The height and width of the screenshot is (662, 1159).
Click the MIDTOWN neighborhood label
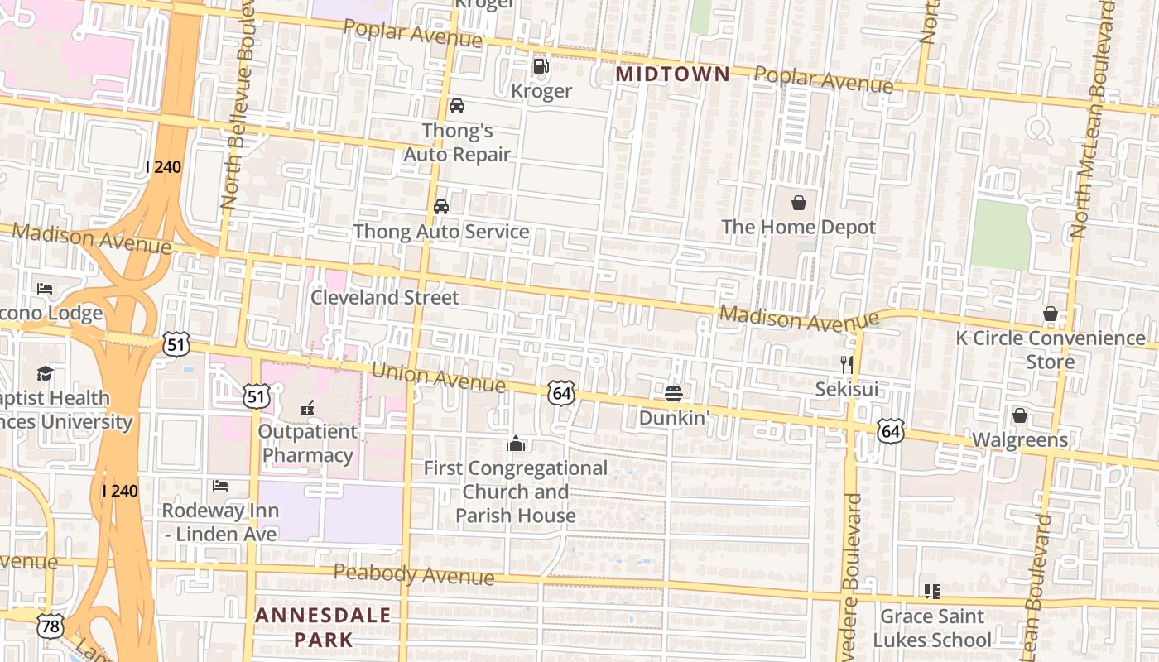(x=673, y=74)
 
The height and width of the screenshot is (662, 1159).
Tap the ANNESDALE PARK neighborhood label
(x=323, y=627)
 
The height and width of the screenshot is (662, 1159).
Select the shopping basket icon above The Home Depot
(x=799, y=203)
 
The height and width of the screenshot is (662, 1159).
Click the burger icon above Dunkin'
(x=674, y=392)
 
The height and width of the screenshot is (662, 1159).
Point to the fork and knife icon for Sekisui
(x=846, y=364)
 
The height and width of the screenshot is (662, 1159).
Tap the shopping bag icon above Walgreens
(x=1020, y=415)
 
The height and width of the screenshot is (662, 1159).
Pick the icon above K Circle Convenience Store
(x=1050, y=314)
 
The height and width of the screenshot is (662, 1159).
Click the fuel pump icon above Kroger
(x=541, y=65)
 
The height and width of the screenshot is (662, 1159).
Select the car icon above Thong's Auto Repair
(x=456, y=106)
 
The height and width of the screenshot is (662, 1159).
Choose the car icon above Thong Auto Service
(x=441, y=207)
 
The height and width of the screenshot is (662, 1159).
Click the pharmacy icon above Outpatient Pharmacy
(x=307, y=407)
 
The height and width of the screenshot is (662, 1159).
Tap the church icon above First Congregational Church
(x=516, y=444)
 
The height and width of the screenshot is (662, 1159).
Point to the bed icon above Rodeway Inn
(x=219, y=485)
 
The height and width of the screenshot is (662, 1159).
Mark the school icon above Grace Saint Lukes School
(x=931, y=592)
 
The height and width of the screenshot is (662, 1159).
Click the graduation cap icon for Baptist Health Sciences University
(x=45, y=373)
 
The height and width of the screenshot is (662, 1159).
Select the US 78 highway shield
(x=50, y=626)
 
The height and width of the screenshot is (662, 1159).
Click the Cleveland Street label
(x=384, y=297)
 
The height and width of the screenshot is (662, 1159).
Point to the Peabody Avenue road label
(x=414, y=574)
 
